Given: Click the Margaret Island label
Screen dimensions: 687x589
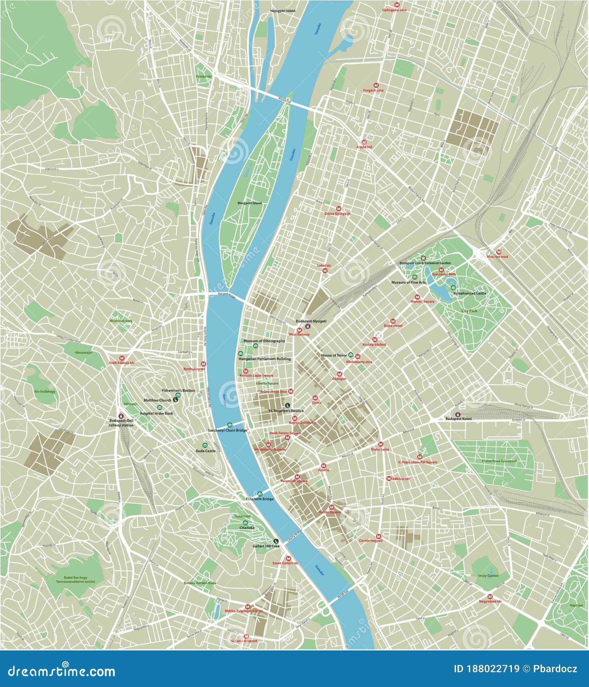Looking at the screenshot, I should click(x=250, y=203).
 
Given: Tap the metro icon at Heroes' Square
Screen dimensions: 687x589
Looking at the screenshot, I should click(x=416, y=297).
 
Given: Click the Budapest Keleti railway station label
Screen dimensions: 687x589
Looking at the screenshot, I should click(x=458, y=418).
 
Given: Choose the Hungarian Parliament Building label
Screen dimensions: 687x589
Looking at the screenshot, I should click(x=265, y=359).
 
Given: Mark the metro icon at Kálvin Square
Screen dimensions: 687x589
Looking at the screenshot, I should click(x=331, y=507).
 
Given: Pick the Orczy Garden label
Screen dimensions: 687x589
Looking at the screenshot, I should click(x=488, y=576).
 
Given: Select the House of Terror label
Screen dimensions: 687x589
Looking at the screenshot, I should click(x=334, y=355).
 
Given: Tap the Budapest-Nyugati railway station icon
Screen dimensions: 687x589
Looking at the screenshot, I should click(x=308, y=325).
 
